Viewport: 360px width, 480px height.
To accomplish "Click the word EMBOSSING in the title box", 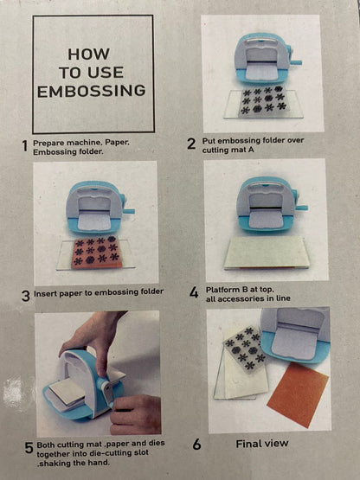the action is point(92,91).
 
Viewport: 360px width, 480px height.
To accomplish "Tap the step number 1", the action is point(25,146).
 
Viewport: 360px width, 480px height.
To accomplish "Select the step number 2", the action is point(191,144).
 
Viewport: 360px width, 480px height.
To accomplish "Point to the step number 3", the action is point(26,296).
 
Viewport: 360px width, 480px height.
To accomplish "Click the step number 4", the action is point(194,292).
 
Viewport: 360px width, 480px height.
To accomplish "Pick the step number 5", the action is point(29,448).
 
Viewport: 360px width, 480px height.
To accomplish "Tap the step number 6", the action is point(196,445).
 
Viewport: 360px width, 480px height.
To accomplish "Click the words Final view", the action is point(262,444).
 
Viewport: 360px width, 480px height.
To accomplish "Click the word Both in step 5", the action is point(46,445).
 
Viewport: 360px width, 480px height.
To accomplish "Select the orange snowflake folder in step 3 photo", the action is point(96,253).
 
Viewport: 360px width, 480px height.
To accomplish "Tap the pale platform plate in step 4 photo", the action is point(267,253).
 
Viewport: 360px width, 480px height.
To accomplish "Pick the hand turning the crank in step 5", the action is point(135,415).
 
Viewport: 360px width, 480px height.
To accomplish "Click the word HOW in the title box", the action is point(88,54).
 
